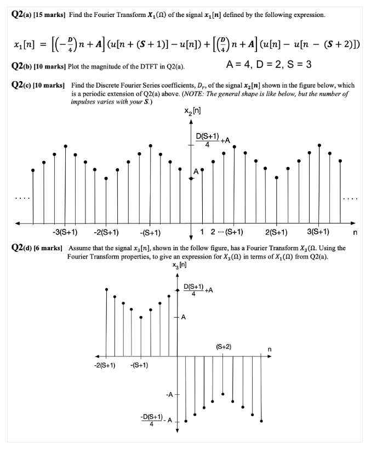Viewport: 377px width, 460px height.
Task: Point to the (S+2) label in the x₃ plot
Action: tap(223, 347)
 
